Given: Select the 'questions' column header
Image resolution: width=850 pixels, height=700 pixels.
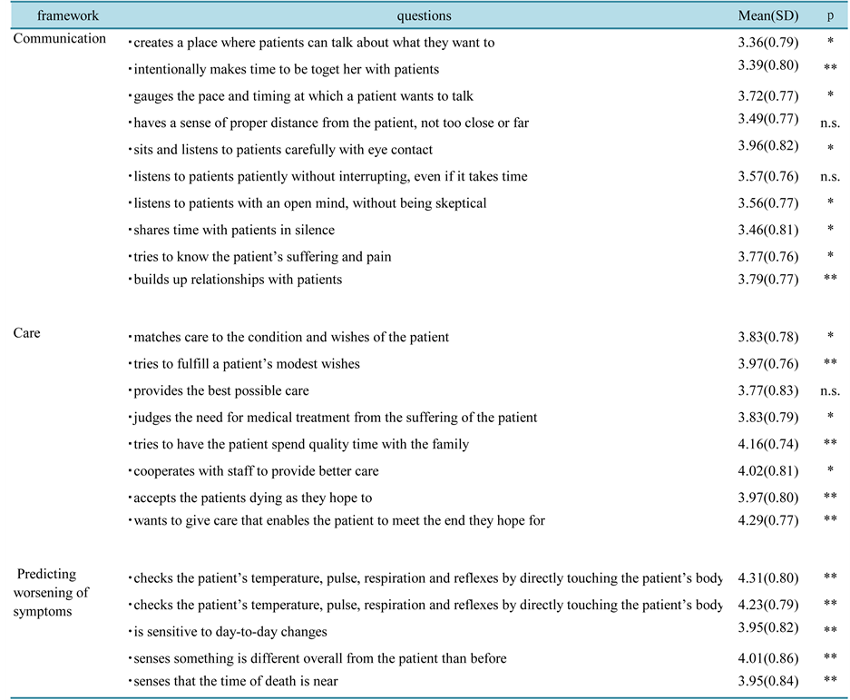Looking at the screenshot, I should [x=424, y=15].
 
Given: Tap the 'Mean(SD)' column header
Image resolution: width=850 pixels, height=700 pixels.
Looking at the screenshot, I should [x=767, y=15].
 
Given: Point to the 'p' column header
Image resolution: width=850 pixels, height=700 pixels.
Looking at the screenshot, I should [x=830, y=15].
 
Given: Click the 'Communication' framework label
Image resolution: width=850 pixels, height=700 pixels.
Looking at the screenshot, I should [x=60, y=39].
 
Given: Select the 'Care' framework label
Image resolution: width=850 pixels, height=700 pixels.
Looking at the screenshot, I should [x=27, y=333].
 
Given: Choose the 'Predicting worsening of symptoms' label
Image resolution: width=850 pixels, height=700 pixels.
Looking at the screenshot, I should [x=51, y=593].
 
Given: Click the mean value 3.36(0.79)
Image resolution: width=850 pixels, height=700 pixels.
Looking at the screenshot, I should [x=768, y=42].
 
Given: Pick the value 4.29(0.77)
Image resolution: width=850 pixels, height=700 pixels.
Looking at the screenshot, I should [x=768, y=520].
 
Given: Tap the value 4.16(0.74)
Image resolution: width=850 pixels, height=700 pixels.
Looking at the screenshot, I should [x=768, y=445].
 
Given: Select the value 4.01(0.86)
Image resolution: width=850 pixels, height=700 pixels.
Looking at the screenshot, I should [x=768, y=657].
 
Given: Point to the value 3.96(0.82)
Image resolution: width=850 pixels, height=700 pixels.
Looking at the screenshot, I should [x=768, y=149].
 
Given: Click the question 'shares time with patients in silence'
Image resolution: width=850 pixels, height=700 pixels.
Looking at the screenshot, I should [x=231, y=231].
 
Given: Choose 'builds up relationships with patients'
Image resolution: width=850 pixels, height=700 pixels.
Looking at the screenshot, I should [x=235, y=280].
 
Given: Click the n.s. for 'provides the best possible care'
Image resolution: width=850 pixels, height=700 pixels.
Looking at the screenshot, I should [x=830, y=391].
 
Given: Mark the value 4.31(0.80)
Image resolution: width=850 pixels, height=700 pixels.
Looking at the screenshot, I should [x=768, y=577].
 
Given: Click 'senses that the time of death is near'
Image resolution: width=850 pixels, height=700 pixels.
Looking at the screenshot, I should [x=233, y=681].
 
